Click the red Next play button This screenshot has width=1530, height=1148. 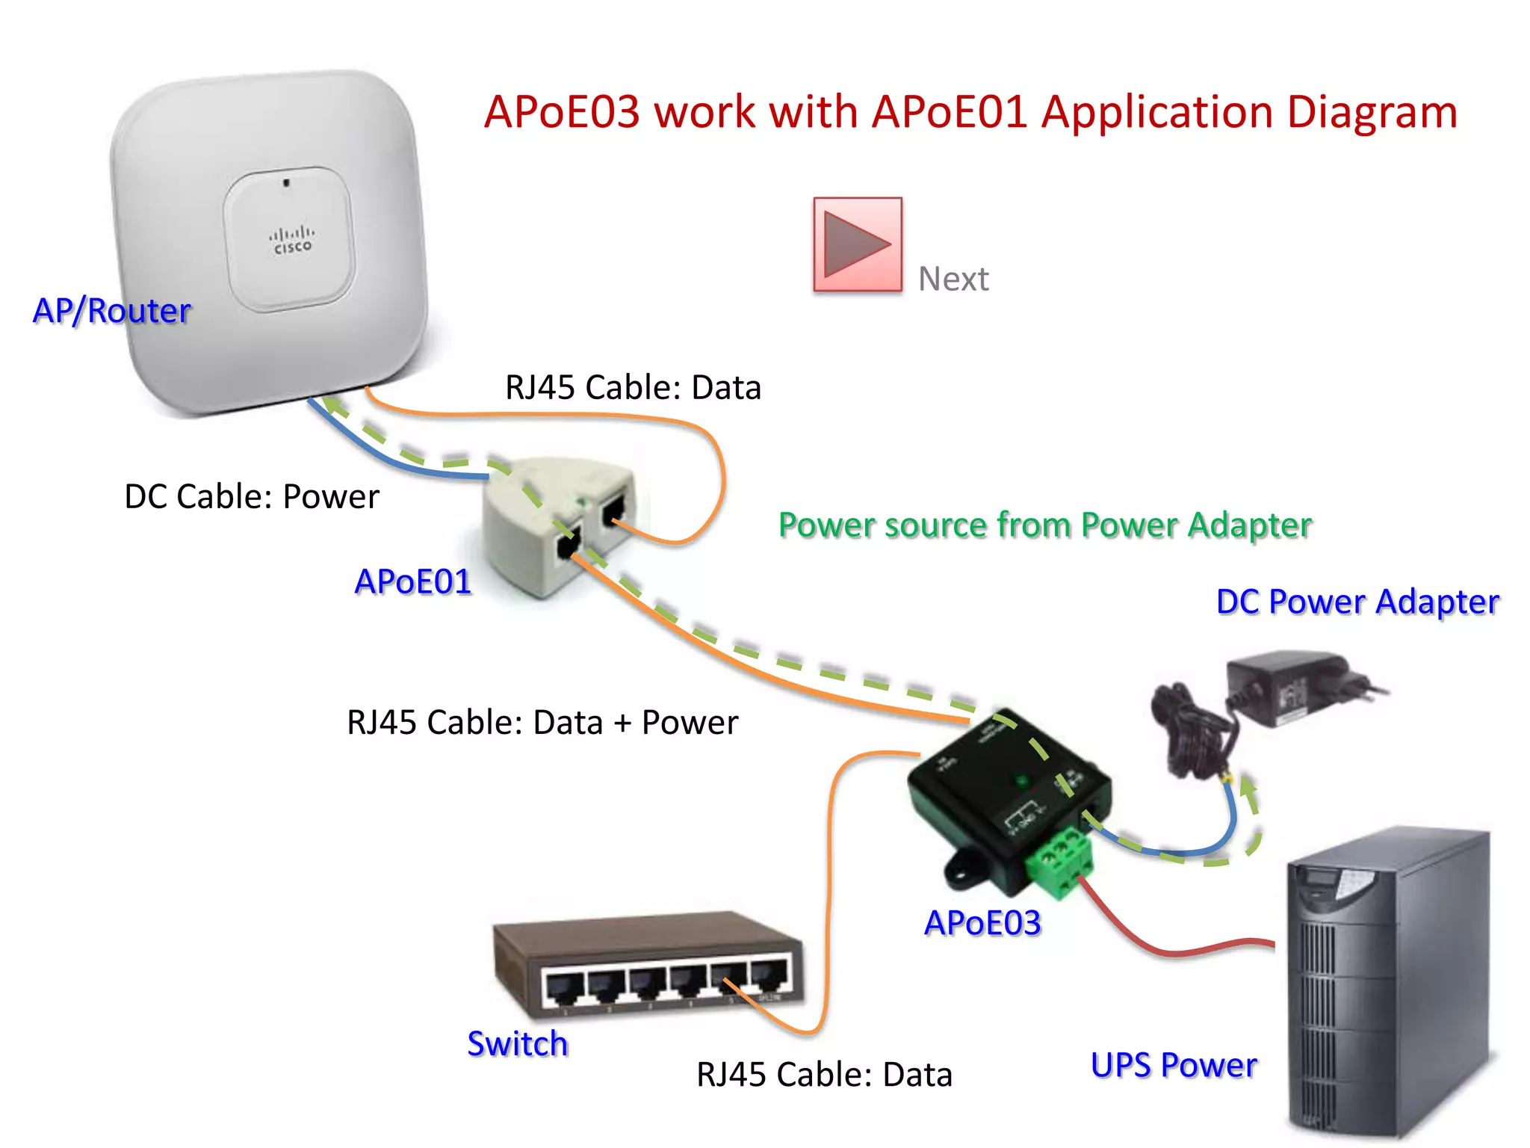point(857,244)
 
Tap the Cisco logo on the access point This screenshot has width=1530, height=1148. point(291,239)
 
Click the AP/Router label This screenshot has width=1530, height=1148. point(112,311)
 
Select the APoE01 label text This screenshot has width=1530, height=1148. point(413,581)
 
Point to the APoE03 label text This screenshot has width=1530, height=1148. point(982,923)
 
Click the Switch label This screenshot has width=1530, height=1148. point(517,1043)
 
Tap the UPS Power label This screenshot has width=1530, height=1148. point(1174,1065)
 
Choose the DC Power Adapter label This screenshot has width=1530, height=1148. point(1357,602)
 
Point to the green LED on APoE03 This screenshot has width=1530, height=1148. point(1021,782)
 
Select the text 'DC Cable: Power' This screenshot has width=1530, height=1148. point(252,496)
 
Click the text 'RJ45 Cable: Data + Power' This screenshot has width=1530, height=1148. point(542,723)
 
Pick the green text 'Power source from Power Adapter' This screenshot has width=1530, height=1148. point(1044,525)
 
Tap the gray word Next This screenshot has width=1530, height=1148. point(953,280)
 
